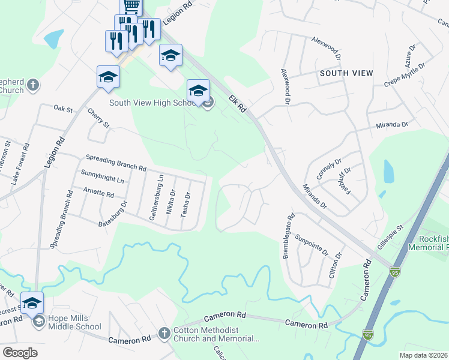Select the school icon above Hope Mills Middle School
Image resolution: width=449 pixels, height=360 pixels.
(32, 302)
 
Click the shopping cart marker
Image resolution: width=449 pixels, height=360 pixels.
(131, 6)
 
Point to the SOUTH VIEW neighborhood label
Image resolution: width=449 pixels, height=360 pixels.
(346, 73)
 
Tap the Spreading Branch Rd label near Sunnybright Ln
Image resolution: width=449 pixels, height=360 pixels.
(116, 163)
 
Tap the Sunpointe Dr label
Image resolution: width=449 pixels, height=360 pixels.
(312, 242)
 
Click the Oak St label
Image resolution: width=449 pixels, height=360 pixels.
(62, 110)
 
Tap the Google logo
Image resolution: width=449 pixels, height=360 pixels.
(20, 352)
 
